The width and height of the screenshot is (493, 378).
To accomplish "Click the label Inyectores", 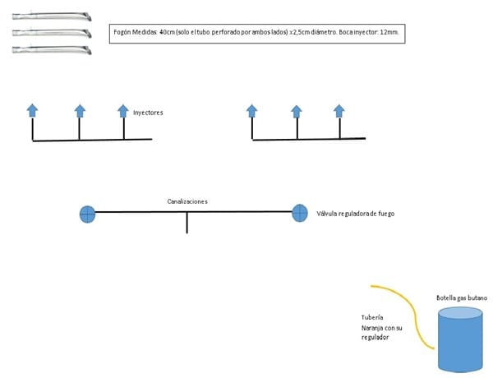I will (x=147, y=113).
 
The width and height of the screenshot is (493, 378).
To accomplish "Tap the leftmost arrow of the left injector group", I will (x=32, y=110).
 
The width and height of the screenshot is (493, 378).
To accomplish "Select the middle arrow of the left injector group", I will (x=80, y=111).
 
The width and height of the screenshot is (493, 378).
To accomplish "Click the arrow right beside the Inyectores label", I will (x=123, y=111).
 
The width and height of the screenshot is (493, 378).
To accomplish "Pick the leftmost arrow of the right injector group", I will (x=252, y=111).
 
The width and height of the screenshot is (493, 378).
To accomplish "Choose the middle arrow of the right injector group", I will (x=296, y=111).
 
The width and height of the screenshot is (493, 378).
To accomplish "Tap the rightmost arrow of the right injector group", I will (x=339, y=111).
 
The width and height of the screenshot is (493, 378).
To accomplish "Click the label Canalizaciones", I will (x=187, y=201).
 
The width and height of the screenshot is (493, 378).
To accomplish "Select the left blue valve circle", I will (x=87, y=214).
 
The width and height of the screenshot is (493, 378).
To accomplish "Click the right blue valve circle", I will (x=300, y=213).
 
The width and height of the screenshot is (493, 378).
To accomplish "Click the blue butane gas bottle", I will (x=458, y=338).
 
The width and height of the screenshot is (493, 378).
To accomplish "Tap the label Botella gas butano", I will (x=458, y=298).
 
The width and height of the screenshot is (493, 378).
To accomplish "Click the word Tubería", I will (x=373, y=316).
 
